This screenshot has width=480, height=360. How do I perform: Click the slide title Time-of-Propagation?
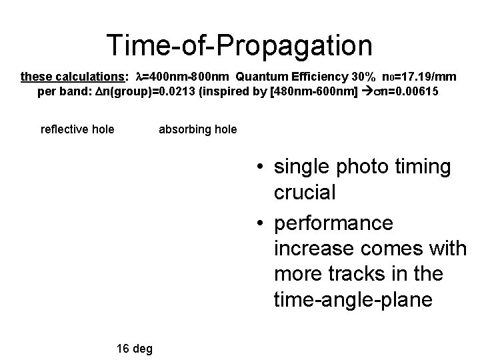pos(240,45)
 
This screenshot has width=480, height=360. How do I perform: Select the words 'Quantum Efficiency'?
pos(291,77)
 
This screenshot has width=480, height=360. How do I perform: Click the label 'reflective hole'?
pos(77,129)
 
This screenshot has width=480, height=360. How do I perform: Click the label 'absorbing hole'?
pos(197,129)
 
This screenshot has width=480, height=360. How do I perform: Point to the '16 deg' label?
pos(134,348)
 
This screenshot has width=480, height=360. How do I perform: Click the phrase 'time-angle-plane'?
pos(353,299)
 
